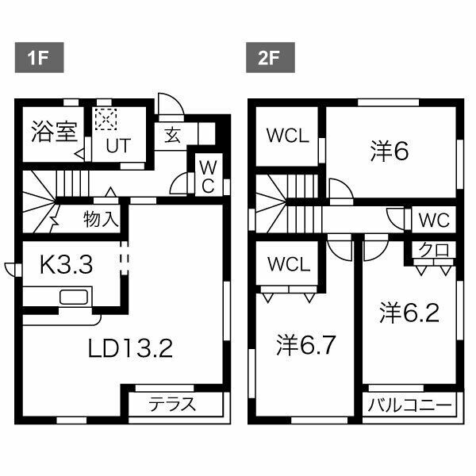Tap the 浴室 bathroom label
pos(53,132)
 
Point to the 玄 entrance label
pos(173,134)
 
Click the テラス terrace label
pos(172,403)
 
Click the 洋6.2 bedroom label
pos(409,313)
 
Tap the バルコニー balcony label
pos(411,404)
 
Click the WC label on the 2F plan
pos(435,218)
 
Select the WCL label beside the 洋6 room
pos(286,135)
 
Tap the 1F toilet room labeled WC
pos(206,176)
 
